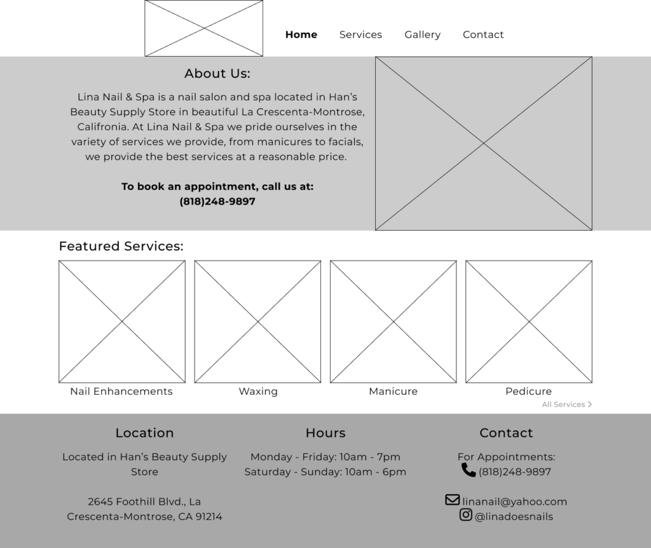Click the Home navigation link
301,34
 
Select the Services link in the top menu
360,34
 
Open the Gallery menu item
422,34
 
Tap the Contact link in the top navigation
483,34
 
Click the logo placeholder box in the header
203,28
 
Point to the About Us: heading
217,74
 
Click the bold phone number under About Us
217,202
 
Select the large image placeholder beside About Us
483,143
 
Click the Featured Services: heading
121,246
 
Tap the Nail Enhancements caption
121,391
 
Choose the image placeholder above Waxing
257,322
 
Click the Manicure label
393,391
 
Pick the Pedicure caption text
528,391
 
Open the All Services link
566,404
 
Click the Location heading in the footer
144,433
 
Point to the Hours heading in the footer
325,433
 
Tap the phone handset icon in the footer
469,470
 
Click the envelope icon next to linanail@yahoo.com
452,500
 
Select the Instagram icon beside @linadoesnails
466,515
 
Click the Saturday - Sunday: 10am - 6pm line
325,472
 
